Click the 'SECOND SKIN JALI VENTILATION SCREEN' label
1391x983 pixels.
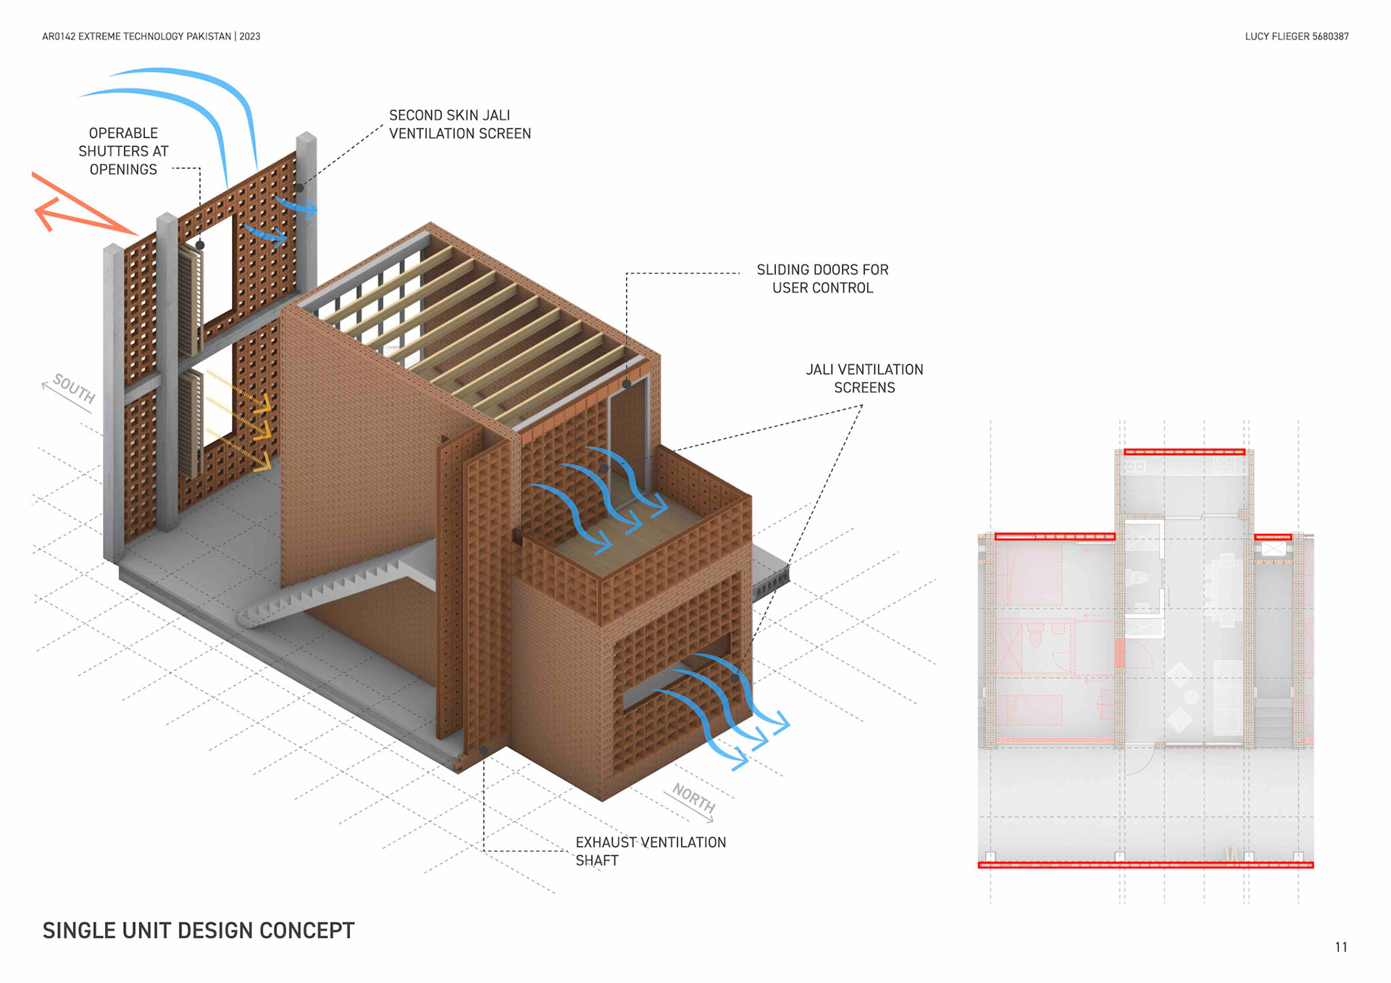(459, 125)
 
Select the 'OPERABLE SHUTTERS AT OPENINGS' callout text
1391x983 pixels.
(123, 151)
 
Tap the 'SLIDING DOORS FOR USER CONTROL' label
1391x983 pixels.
(822, 279)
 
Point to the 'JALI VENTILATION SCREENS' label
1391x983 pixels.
(864, 379)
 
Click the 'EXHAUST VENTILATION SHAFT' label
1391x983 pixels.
(650, 851)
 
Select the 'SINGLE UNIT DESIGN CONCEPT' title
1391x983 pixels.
(199, 931)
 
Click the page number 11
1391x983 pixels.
(1341, 948)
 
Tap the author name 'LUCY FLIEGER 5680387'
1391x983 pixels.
(1296, 36)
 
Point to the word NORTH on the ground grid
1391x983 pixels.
(694, 798)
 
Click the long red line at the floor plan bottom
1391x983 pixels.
(1145, 865)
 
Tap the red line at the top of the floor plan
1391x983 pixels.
(1184, 452)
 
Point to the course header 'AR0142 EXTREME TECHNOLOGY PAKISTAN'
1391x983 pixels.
(136, 36)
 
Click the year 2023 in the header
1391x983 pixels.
(250, 36)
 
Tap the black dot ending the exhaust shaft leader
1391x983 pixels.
(484, 750)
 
